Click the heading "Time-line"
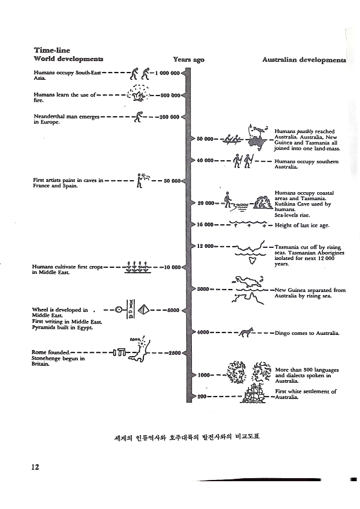coord(50,51)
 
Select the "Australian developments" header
coord(304,60)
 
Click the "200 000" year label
coord(169,117)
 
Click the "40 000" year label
coord(206,161)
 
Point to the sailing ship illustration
coord(258,396)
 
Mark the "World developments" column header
coord(68,60)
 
